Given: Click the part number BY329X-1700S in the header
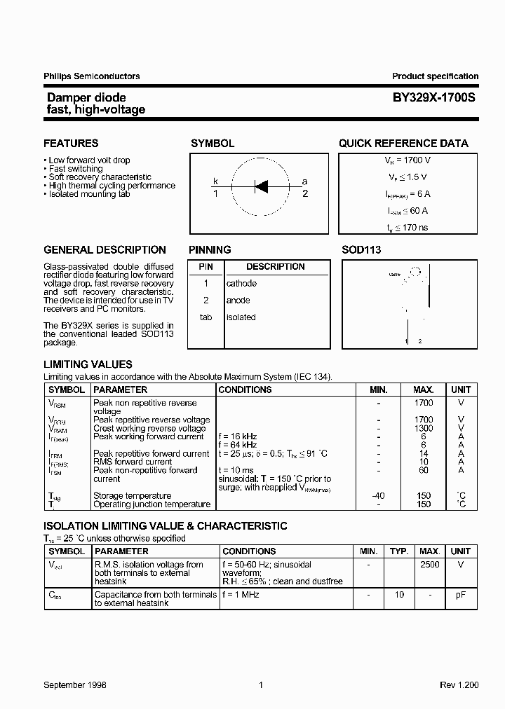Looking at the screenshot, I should (x=434, y=99).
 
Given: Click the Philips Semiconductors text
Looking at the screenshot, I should (x=92, y=76).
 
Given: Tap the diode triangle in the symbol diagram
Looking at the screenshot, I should (x=261, y=186).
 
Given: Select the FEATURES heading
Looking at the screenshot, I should (x=71, y=144).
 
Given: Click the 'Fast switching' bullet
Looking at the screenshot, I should (x=75, y=169).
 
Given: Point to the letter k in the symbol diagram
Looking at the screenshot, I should (x=216, y=181).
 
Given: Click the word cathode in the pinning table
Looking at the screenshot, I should (x=241, y=284).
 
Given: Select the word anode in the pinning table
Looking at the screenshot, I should (x=238, y=301).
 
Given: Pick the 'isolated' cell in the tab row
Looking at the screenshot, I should (x=241, y=317).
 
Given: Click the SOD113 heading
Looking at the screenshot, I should (x=361, y=250).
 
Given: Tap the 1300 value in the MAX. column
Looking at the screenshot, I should (x=424, y=428).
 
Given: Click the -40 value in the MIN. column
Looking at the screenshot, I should (x=378, y=495).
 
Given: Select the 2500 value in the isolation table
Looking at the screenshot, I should (x=429, y=565).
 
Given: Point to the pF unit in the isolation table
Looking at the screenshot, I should (x=461, y=595).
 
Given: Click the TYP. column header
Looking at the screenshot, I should (x=399, y=551).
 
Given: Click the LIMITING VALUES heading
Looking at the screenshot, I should (x=88, y=364).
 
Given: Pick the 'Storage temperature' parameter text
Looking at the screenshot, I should (x=132, y=495).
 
